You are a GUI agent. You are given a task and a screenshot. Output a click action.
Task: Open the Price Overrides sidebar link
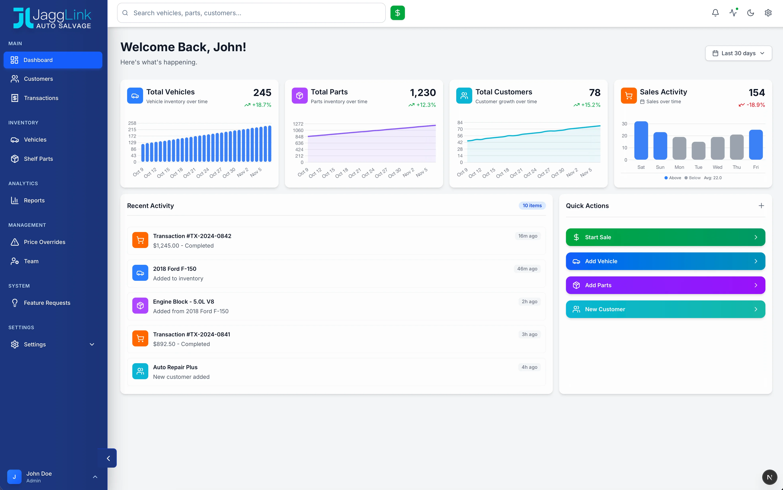pyautogui.click(x=44, y=242)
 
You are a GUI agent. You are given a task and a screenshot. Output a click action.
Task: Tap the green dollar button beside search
pyautogui.click(x=397, y=13)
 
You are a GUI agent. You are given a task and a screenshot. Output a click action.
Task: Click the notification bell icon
pyautogui.click(x=715, y=13)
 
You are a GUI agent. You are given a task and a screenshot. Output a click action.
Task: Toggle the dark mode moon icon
pyautogui.click(x=750, y=13)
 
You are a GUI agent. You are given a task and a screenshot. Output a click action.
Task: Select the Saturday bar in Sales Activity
pyautogui.click(x=641, y=140)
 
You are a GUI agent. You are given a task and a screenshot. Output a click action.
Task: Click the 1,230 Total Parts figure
pyautogui.click(x=423, y=93)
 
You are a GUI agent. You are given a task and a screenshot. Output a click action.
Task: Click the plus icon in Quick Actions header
pyautogui.click(x=761, y=206)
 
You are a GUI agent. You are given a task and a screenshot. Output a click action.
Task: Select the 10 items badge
pyautogui.click(x=532, y=205)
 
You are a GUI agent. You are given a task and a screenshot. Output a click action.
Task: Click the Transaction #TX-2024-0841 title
pyautogui.click(x=191, y=334)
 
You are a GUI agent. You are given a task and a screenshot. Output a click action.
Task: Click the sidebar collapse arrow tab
pyautogui.click(x=108, y=458)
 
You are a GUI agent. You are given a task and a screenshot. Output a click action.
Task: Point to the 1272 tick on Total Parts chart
pyautogui.click(x=298, y=124)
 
